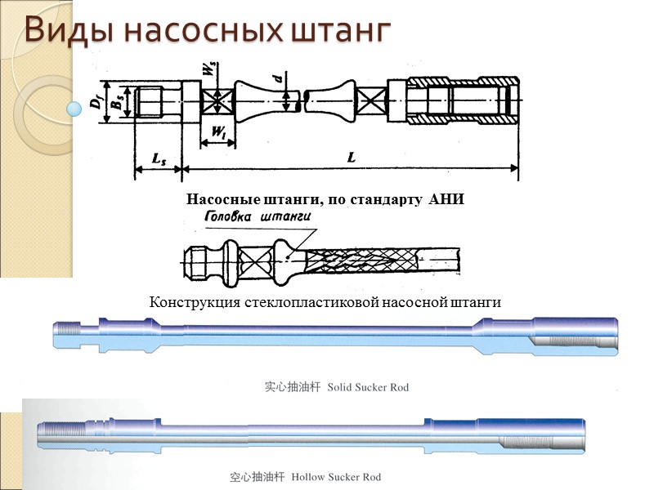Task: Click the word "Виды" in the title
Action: (x=60, y=29)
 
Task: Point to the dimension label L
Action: (x=351, y=158)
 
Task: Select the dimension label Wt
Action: (x=218, y=131)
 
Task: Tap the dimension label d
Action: (x=279, y=78)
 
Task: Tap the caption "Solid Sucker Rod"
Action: (x=368, y=387)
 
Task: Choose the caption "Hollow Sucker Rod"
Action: (x=336, y=477)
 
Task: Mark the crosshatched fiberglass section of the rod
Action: (x=360, y=260)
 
